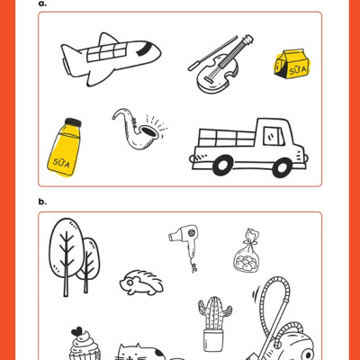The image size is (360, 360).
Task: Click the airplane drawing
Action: (111, 59)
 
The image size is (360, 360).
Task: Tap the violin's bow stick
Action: (212, 53)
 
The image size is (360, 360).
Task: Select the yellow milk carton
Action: (292, 65)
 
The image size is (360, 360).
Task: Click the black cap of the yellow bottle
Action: (73, 122)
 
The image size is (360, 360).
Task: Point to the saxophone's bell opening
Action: (149, 132)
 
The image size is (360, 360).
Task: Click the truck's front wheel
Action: (282, 166)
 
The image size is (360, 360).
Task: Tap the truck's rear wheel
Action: (223, 166)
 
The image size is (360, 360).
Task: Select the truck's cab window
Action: (274, 136)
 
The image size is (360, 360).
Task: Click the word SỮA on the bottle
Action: (61, 163)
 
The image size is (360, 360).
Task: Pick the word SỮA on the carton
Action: (298, 71)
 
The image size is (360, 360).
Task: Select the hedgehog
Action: (141, 283)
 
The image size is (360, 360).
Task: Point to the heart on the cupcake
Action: (76, 331)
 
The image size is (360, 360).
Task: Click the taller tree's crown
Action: (67, 247)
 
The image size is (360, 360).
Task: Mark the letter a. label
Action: (42, 4)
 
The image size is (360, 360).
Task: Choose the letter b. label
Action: (42, 202)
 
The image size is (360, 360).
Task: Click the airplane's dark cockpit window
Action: (143, 49)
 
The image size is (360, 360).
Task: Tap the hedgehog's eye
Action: (130, 283)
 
